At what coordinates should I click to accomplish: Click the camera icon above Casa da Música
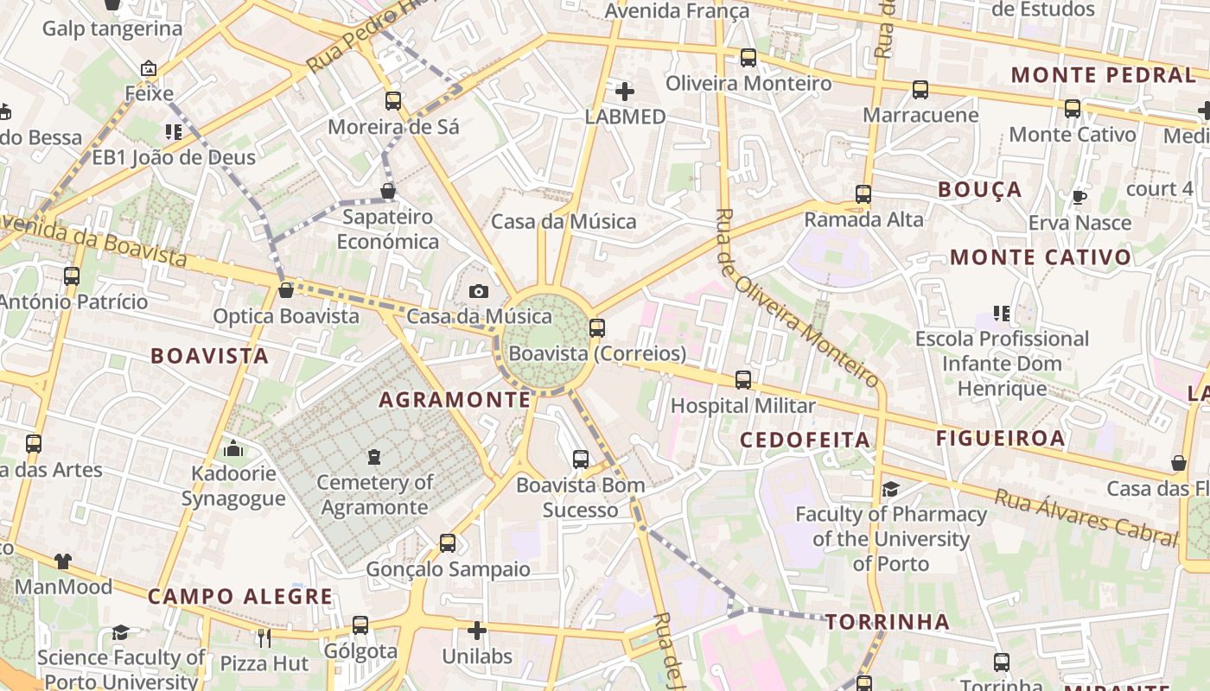[478, 292]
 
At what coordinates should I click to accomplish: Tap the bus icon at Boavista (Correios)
[596, 328]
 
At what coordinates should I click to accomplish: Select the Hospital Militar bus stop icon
[742, 380]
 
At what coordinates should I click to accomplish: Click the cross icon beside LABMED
[624, 91]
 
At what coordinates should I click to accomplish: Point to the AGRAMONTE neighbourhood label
[455, 399]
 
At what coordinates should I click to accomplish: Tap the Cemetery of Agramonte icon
[374, 456]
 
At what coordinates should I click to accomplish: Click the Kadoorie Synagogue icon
[232, 448]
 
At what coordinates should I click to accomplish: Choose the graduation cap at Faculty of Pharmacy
[890, 490]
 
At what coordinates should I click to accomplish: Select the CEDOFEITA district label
[805, 440]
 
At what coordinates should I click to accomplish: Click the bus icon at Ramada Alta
[863, 194]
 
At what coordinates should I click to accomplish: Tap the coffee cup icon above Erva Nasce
[1079, 197]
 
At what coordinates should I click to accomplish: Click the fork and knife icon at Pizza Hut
[264, 638]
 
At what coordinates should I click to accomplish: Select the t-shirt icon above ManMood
[62, 561]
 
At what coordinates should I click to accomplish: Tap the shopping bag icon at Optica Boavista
[285, 290]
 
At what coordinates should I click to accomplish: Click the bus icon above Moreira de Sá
[393, 101]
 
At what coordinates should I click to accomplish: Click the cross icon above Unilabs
[476, 631]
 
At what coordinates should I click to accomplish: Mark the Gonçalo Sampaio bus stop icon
[447, 543]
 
